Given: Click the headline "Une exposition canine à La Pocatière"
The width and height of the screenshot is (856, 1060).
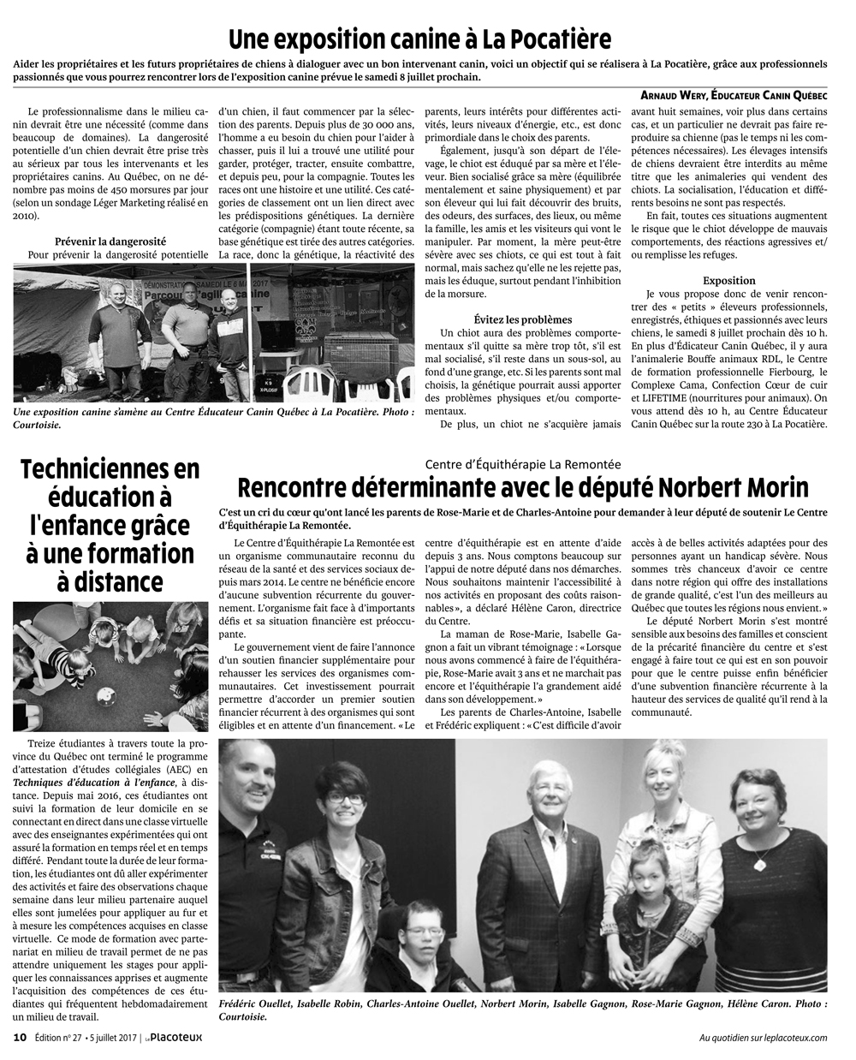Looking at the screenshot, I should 419,39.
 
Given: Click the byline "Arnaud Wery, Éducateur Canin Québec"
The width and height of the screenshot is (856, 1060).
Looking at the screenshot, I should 734,96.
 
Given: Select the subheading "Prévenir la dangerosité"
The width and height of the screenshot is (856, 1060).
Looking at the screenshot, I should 110,241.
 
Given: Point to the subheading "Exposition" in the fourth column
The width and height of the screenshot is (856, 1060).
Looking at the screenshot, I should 728,280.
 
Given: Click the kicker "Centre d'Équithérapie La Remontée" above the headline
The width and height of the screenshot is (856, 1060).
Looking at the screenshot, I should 522,464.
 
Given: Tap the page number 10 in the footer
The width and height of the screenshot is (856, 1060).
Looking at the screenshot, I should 21,1038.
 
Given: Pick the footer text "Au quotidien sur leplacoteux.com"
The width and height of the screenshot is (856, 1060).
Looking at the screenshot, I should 763,1038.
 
